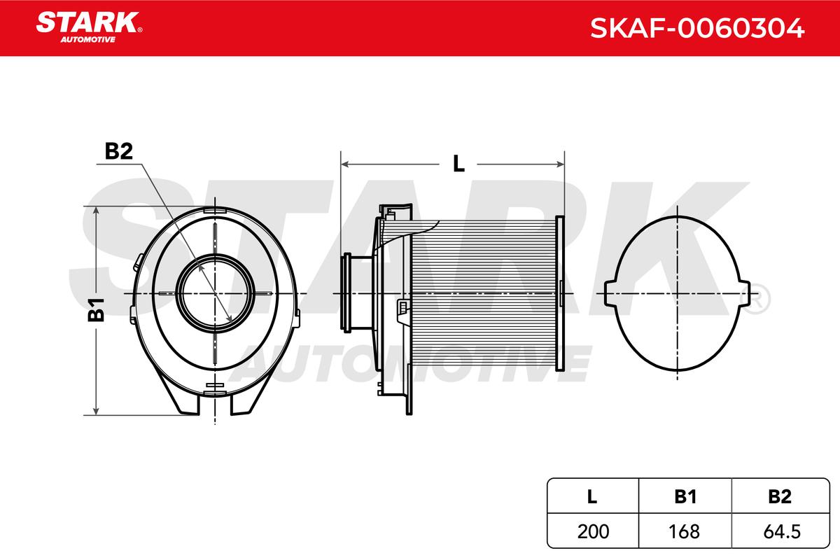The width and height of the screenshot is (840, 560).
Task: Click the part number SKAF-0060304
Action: [697, 28]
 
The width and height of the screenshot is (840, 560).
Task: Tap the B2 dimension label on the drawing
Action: [118, 151]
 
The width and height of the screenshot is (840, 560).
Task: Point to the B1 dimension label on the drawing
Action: [97, 310]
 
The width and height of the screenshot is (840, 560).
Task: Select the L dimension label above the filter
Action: [458, 164]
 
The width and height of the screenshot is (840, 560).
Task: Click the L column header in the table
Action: [591, 496]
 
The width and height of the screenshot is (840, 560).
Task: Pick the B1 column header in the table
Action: [685, 496]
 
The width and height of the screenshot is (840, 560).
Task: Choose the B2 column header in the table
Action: [780, 496]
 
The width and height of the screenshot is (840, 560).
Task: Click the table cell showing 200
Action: [594, 531]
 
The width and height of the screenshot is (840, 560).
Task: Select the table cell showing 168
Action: [684, 531]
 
